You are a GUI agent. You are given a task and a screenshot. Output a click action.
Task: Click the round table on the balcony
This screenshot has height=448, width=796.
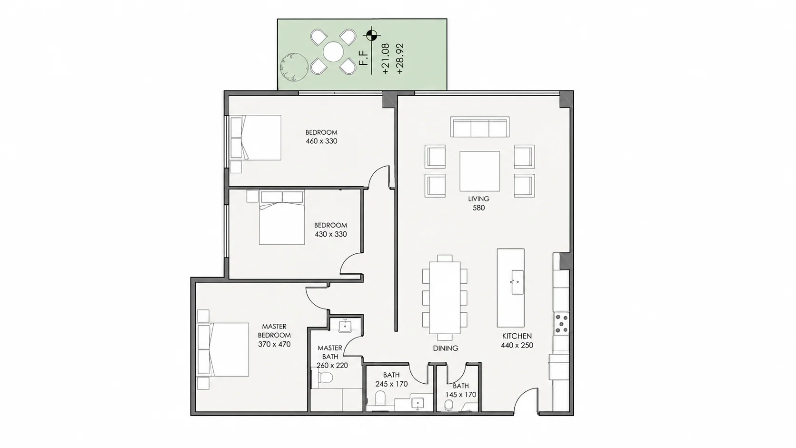(x=333, y=52)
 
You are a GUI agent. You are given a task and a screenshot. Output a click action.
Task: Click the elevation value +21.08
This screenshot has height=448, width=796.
(x=386, y=59)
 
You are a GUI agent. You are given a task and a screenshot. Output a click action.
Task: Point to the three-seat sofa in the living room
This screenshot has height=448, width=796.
(x=480, y=127)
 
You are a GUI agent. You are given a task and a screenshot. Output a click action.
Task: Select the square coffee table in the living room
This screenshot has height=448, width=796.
(x=480, y=171)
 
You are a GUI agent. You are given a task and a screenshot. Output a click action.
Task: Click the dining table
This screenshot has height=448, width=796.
(x=445, y=298)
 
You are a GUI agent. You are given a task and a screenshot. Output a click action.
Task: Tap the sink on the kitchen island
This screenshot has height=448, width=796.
(x=517, y=282)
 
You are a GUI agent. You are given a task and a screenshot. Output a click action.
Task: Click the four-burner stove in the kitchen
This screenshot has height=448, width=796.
(x=561, y=324)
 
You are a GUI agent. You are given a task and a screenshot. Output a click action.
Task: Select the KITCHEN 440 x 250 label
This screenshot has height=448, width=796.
(x=517, y=340)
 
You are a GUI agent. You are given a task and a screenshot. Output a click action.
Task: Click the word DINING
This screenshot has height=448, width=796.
(x=446, y=348)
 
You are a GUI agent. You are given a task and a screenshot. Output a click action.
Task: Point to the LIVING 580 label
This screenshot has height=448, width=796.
(x=478, y=203)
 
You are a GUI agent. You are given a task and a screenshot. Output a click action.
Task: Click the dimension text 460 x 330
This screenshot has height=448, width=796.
(x=322, y=141)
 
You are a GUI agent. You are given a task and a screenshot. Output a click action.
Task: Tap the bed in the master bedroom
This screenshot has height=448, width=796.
(x=223, y=349)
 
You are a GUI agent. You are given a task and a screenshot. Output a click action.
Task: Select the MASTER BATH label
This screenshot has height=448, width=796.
(x=330, y=352)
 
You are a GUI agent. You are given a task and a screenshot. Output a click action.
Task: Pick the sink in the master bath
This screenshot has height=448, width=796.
(x=345, y=326)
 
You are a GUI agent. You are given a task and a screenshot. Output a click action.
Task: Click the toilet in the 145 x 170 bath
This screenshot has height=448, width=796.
(x=449, y=405)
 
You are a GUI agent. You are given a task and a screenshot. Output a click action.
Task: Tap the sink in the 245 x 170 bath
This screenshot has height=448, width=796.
(x=418, y=404)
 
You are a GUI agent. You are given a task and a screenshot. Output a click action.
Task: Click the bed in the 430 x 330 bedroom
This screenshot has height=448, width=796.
(x=282, y=218)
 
